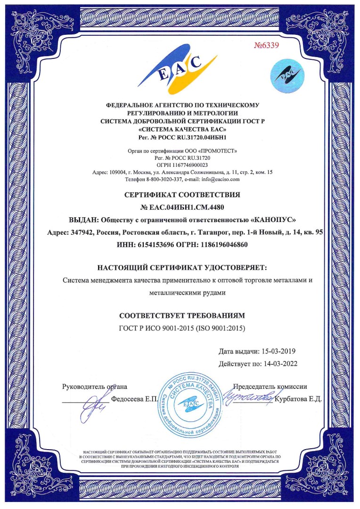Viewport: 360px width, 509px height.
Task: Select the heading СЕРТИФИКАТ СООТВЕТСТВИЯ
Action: (182, 195)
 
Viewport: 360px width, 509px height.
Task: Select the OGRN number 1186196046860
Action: (224, 245)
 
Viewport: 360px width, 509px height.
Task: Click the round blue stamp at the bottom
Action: (191, 403)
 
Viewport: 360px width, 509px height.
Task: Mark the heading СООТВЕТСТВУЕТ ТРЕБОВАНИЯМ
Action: (182, 315)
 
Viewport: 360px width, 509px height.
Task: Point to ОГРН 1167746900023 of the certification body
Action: (182, 165)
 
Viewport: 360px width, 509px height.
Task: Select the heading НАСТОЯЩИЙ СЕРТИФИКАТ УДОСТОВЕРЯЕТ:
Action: (182, 268)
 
